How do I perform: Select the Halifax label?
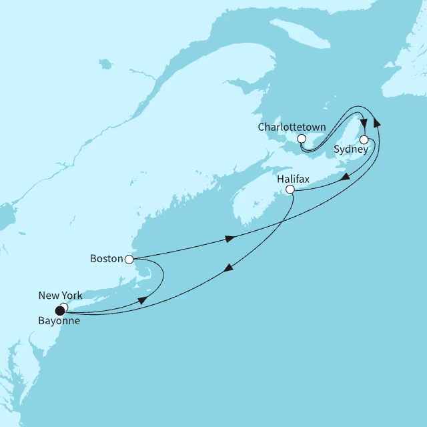(294, 178)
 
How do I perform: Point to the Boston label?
(105, 258)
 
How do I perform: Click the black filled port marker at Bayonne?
(61, 309)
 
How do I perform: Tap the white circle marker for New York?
(63, 307)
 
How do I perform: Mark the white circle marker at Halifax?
(290, 190)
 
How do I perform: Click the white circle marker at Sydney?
(364, 140)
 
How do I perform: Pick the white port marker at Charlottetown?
(302, 138)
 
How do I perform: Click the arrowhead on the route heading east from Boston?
(231, 238)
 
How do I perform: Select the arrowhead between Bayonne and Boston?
(143, 301)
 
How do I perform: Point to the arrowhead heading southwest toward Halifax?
(346, 176)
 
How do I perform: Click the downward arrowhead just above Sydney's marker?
(364, 122)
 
